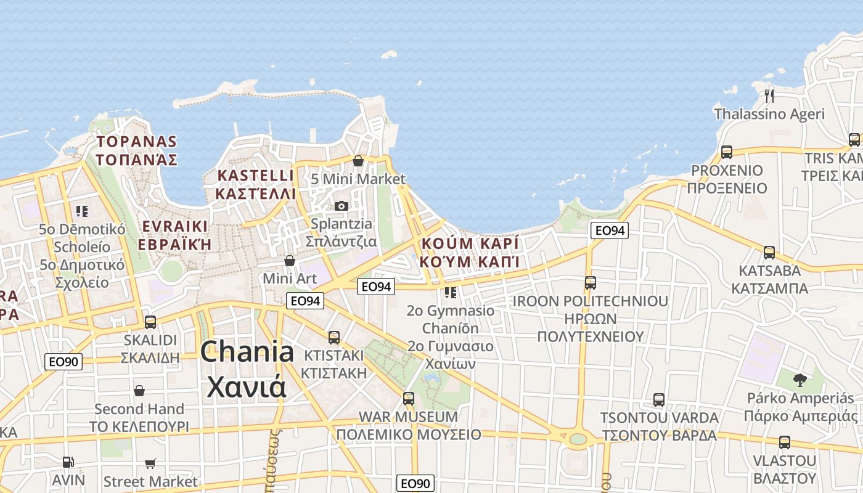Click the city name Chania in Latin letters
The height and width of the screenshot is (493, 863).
click(247, 352)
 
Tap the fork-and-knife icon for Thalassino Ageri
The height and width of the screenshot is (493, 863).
click(769, 96)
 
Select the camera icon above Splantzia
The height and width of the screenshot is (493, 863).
click(341, 206)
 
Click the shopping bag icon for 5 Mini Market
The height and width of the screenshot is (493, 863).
click(358, 161)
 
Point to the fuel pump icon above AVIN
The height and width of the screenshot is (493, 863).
click(68, 462)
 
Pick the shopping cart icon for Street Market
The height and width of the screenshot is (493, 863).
click(150, 463)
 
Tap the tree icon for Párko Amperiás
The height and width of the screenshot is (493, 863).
click(800, 380)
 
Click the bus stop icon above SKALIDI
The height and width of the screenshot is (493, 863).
click(150, 322)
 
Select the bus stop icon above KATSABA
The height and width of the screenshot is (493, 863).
click(769, 252)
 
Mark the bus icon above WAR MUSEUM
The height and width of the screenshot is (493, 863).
click(408, 398)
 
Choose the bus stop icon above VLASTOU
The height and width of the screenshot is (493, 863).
click(784, 442)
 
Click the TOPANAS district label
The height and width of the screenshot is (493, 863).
click(136, 142)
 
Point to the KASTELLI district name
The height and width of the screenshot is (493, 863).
click(255, 176)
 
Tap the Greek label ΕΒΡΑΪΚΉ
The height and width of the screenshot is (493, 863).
click(174, 245)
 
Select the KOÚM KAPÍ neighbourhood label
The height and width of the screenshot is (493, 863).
click(470, 243)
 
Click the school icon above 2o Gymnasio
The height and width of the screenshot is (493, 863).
click(451, 292)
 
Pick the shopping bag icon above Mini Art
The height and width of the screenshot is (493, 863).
click(289, 261)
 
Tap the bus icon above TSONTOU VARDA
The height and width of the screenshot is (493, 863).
click(658, 399)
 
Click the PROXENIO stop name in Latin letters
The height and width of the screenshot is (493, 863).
click(727, 171)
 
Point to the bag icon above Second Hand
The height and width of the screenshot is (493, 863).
click(139, 391)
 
